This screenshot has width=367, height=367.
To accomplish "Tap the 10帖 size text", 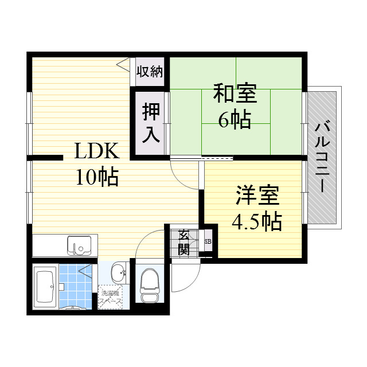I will pyautogui.click(x=97, y=177).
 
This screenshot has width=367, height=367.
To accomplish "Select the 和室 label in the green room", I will pyautogui.click(x=235, y=93).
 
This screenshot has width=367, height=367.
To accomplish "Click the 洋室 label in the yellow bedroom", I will pyautogui.click(x=256, y=196).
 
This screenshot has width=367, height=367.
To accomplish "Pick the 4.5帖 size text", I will pyautogui.click(x=256, y=221).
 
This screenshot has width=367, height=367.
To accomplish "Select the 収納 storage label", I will pyautogui.click(x=150, y=72).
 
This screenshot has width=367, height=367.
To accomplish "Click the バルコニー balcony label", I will pyautogui.click(x=323, y=156).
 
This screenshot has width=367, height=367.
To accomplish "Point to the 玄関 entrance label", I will pyautogui.click(x=183, y=241).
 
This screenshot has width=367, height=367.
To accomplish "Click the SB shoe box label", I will pyautogui.click(x=208, y=241).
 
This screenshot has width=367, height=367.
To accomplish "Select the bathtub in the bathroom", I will pyautogui.click(x=45, y=287).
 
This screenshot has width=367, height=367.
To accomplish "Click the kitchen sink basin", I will pyautogui.click(x=79, y=245).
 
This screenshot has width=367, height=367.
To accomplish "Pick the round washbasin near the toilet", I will pyautogui.click(x=118, y=272).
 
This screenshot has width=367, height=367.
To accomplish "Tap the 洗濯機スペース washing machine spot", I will pyautogui.click(x=110, y=299).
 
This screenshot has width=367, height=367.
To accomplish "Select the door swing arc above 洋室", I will pyautogui.click(x=185, y=175).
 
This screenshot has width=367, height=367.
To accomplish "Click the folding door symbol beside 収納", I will pyautogui.click(x=124, y=64).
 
